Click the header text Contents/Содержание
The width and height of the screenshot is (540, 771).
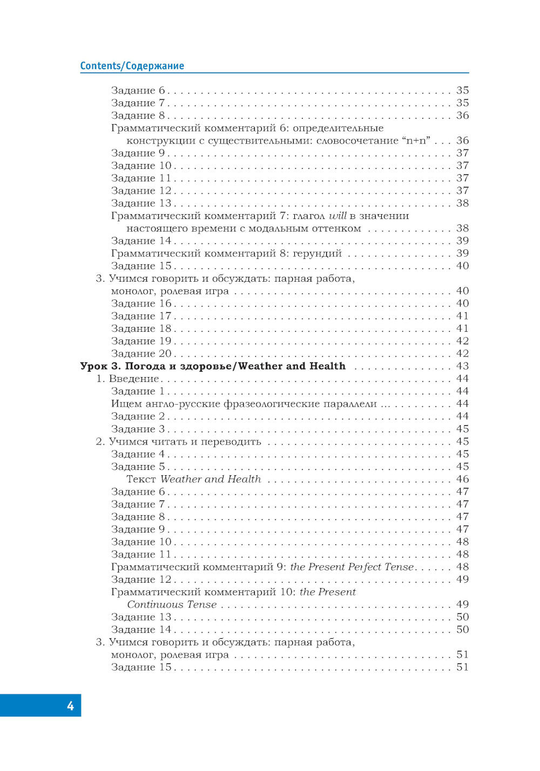[132, 66]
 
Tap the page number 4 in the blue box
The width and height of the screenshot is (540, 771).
[70, 706]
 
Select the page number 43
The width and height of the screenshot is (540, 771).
[462, 366]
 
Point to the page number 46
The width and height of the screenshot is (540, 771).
[462, 479]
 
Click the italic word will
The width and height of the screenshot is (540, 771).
[337, 216]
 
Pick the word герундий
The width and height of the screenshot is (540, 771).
[318, 254]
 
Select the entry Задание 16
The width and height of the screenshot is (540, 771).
[141, 304]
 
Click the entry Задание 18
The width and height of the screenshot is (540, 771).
[141, 329]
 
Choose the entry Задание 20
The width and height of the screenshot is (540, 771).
[141, 354]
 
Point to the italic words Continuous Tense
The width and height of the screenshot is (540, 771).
[172, 605]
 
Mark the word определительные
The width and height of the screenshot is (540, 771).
[338, 128]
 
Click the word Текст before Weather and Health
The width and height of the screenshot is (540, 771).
[141, 479]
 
